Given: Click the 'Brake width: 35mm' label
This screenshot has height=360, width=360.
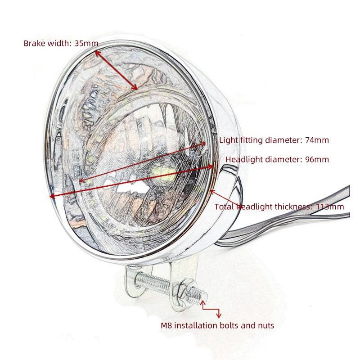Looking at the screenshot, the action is [61, 44].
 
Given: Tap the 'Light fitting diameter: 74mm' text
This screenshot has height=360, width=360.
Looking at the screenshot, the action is [274, 140].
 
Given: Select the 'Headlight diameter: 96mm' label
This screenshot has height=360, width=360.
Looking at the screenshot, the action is [277, 159].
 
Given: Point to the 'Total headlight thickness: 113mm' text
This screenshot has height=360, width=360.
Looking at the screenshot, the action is [279, 207].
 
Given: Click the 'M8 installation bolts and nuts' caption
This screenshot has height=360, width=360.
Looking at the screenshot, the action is [217, 325].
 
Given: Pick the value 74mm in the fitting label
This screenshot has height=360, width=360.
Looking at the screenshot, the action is [317, 140].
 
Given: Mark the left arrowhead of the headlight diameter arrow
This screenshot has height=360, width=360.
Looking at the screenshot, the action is [52, 196].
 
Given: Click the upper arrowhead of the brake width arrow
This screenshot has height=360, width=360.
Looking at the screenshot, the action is [97, 51].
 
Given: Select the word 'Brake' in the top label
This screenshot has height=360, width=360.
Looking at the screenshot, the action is [34, 44].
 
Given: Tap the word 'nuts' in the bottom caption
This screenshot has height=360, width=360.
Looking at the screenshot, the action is [265, 325].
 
